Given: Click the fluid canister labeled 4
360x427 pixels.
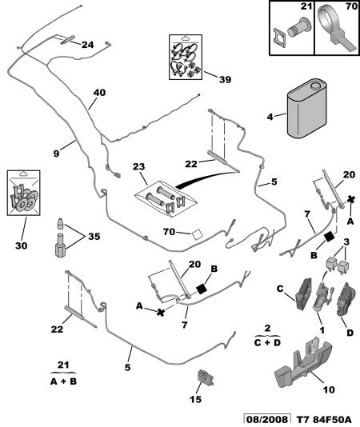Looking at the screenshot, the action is click(306, 109).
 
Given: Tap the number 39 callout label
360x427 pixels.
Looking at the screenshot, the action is click(225, 79).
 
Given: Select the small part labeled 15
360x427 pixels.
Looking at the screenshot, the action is click(205, 377).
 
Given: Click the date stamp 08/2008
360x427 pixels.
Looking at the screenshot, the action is click(267, 419).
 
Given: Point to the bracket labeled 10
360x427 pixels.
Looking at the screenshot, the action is click(303, 362).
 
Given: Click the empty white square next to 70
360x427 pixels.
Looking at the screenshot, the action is click(197, 235).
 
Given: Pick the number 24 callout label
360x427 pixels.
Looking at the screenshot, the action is click(87, 45).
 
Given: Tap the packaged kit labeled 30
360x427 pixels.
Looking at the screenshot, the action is click(24, 193).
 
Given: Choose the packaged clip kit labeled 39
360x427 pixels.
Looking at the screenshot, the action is click(186, 57).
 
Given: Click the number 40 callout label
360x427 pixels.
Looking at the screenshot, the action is click(99, 93).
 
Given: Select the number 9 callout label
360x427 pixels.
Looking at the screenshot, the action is click(56, 154).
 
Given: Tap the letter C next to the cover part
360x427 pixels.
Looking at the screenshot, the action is click(280, 289).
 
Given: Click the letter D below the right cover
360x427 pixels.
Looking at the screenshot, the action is click(350, 333).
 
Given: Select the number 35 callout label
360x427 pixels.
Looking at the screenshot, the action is click(94, 237).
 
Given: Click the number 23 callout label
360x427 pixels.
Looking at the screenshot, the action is click(138, 166).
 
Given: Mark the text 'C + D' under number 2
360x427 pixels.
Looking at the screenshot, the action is click(267, 342).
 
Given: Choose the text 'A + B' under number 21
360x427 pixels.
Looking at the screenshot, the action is click(63, 381).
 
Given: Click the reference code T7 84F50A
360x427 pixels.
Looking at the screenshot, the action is click(324, 419).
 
